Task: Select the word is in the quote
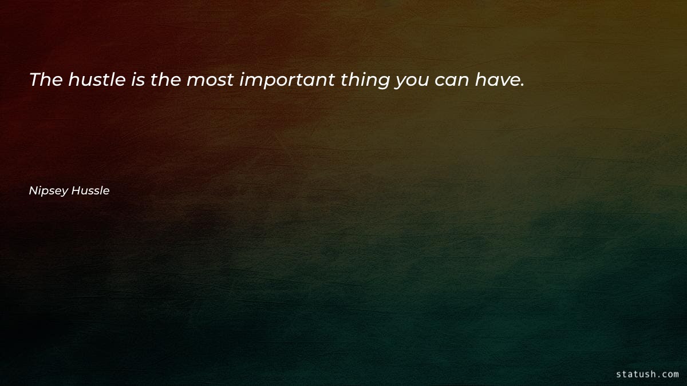pyautogui.click(x=137, y=80)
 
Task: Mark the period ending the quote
pyautogui.click(x=521, y=85)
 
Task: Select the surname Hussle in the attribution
pyautogui.click(x=90, y=191)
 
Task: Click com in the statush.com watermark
pyautogui.click(x=669, y=375)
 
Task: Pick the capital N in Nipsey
pyautogui.click(x=33, y=191)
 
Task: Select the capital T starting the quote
pyautogui.click(x=34, y=80)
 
